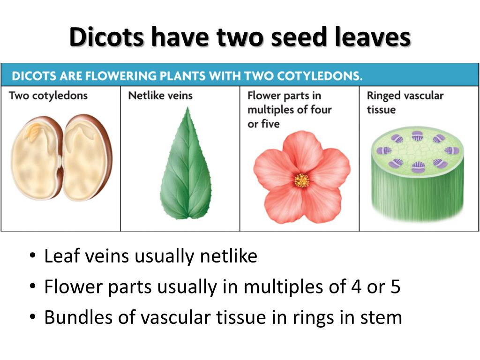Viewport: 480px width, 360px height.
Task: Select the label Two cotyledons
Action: click(x=48, y=96)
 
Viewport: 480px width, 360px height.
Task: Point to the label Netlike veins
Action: click(x=160, y=96)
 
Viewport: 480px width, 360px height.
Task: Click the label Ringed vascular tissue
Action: click(x=405, y=102)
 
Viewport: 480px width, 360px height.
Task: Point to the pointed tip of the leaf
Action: click(x=188, y=109)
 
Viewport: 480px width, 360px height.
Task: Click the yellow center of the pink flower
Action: click(x=302, y=180)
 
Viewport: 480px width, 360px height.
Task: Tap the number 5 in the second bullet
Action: click(x=395, y=287)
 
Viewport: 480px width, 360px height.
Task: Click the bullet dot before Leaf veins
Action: click(x=32, y=257)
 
